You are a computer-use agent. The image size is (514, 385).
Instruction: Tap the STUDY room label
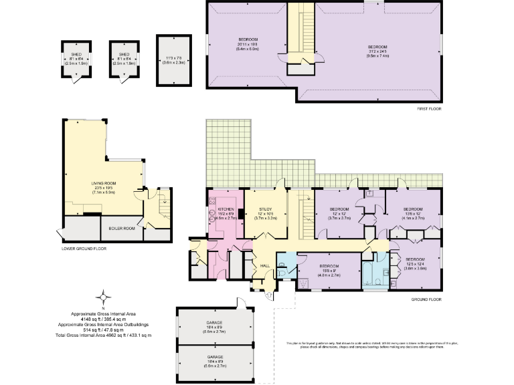pyautogui.click(x=261, y=209)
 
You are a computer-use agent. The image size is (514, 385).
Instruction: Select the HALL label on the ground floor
pyautogui.click(x=264, y=266)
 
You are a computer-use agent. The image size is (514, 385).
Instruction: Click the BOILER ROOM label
pyautogui.click(x=122, y=229)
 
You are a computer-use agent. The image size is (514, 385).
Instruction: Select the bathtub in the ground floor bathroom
pyautogui.click(x=370, y=273)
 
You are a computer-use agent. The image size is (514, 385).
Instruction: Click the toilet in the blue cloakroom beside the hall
pyautogui.click(x=284, y=271)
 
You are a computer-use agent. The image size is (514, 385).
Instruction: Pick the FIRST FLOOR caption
pyautogui.click(x=428, y=108)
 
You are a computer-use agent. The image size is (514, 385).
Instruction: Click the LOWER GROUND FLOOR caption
pyautogui.click(x=83, y=249)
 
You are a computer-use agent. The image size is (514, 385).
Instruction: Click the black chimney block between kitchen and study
pyautogui.click(x=239, y=215)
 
